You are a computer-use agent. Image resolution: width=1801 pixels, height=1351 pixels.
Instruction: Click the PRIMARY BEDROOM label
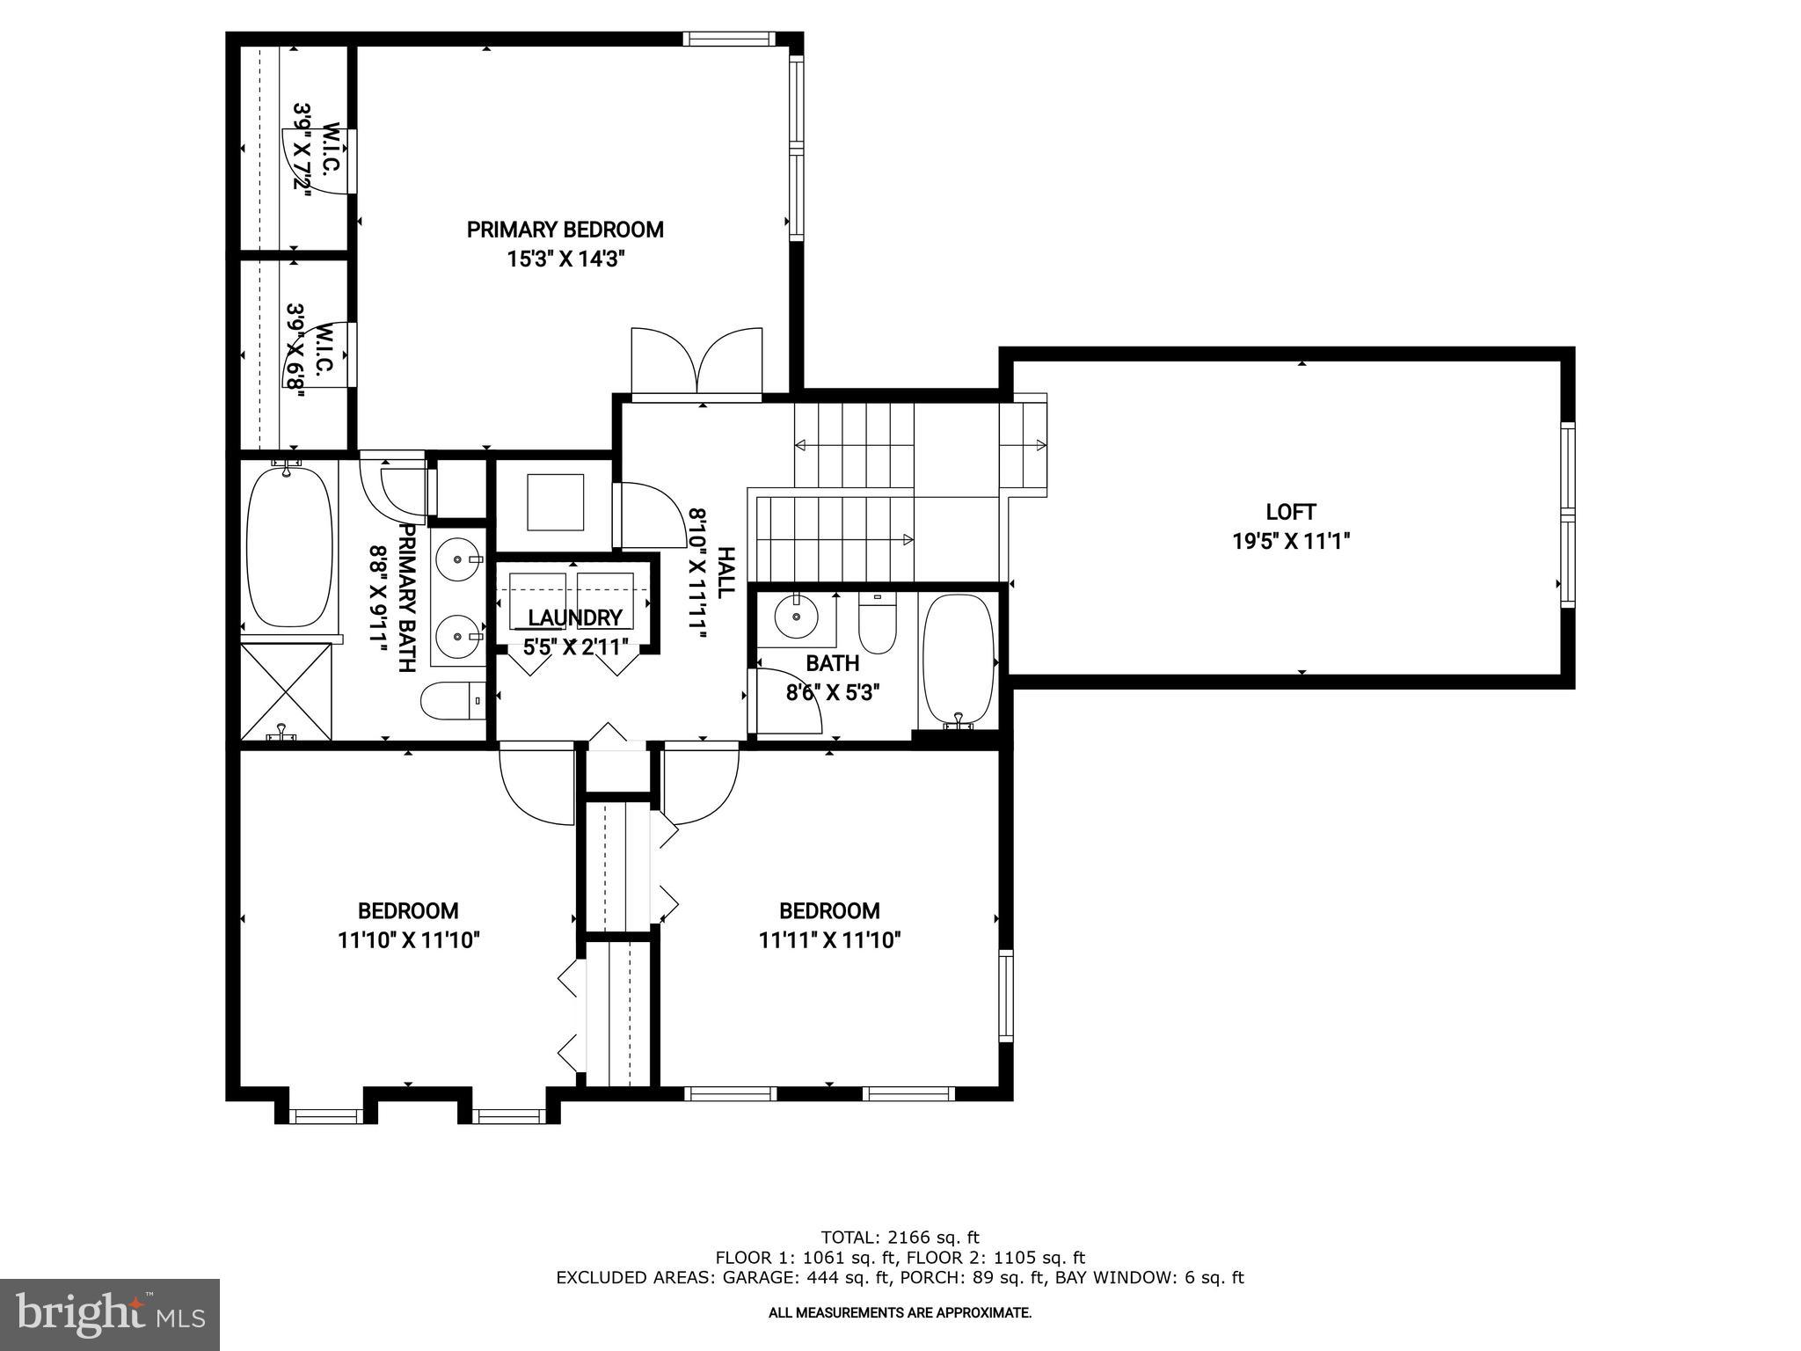pyautogui.click(x=565, y=230)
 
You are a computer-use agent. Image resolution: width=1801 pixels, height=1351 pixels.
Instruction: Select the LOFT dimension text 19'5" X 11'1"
pyautogui.click(x=1290, y=541)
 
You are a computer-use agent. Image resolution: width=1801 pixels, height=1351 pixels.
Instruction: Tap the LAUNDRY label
pyautogui.click(x=575, y=617)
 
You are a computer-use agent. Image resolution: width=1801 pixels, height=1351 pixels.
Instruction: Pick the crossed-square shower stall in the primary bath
pyautogui.click(x=287, y=690)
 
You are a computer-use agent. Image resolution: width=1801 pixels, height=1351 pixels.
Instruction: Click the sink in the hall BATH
pyautogui.click(x=797, y=616)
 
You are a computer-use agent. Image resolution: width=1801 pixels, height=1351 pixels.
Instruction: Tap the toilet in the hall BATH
pyautogui.click(x=876, y=621)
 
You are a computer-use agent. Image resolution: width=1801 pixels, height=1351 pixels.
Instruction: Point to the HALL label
pyautogui.click(x=726, y=573)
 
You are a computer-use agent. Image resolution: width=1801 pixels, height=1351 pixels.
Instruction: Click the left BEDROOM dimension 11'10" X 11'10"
pyautogui.click(x=408, y=940)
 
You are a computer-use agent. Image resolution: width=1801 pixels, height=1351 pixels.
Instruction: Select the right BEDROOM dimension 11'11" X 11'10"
pyautogui.click(x=829, y=940)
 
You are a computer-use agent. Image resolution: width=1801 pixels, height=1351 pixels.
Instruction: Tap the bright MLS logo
pyautogui.click(x=110, y=1314)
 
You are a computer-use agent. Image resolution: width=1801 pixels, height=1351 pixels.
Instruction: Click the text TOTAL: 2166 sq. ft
pyautogui.click(x=900, y=1238)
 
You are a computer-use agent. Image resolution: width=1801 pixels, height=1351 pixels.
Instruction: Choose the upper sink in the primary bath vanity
pyautogui.click(x=459, y=557)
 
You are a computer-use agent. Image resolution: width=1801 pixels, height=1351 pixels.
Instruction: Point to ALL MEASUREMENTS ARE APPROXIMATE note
pyautogui.click(x=900, y=1312)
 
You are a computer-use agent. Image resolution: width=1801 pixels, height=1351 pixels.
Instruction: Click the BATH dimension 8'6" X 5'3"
pyautogui.click(x=832, y=692)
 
